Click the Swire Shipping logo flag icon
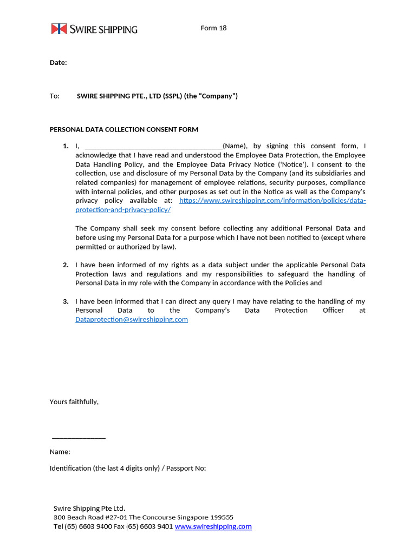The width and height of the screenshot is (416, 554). [x=58, y=29]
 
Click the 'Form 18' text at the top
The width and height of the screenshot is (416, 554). [x=213, y=28]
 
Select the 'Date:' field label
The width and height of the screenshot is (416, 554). [x=58, y=63]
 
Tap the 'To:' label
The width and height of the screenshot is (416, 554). [x=55, y=96]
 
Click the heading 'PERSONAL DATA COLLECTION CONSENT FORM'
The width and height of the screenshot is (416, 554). [x=124, y=130]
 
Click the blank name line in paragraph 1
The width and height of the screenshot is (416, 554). [x=154, y=146]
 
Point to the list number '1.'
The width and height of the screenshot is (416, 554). [x=66, y=146]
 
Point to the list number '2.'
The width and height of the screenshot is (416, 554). [x=66, y=265]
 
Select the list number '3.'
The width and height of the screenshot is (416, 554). [x=66, y=301]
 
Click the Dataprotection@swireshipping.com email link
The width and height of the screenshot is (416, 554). [x=132, y=320]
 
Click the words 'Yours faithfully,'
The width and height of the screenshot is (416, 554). [x=74, y=402]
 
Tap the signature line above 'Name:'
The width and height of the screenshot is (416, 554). [x=79, y=438]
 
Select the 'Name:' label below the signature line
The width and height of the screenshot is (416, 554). [x=60, y=452]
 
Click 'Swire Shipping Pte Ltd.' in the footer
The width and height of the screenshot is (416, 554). [x=89, y=508]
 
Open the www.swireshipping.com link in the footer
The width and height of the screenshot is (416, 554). [x=213, y=526]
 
